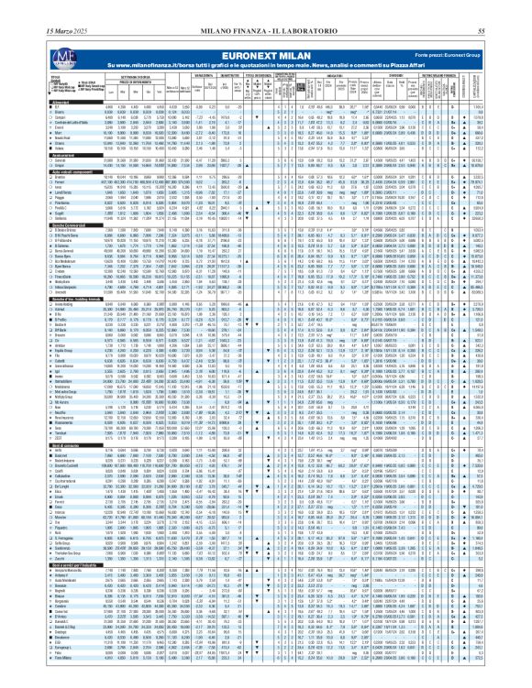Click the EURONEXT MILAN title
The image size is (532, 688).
266,30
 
